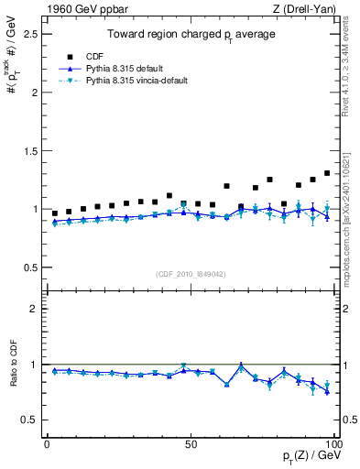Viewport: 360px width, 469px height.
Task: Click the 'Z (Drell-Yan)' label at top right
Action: (309, 8)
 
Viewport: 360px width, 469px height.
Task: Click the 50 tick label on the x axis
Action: (191, 444)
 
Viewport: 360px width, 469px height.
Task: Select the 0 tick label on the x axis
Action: (46, 444)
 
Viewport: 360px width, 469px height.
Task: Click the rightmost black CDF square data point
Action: (327, 173)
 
